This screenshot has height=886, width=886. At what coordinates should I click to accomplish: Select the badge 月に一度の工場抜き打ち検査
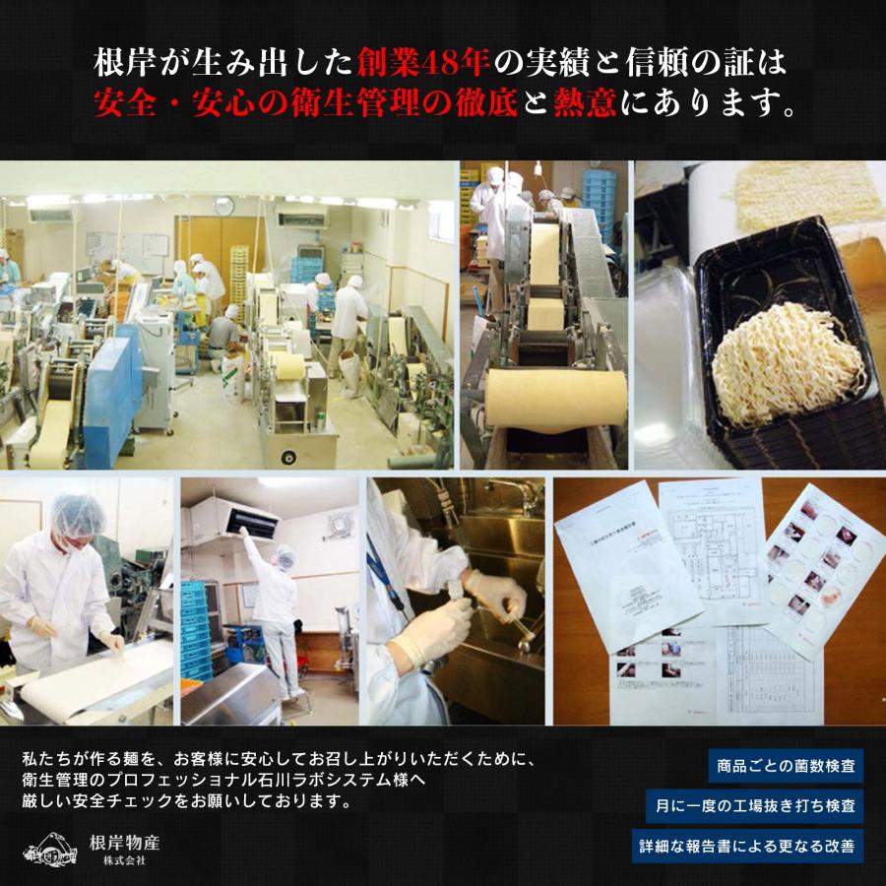tap(755, 805)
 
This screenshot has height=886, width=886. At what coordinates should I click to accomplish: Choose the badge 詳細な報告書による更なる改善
tap(748, 846)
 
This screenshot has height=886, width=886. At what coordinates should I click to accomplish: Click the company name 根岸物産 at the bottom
tap(125, 843)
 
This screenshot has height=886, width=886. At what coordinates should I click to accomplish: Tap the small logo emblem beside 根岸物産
tap(50, 852)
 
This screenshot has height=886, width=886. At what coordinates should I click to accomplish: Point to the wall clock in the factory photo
tap(224, 206)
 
